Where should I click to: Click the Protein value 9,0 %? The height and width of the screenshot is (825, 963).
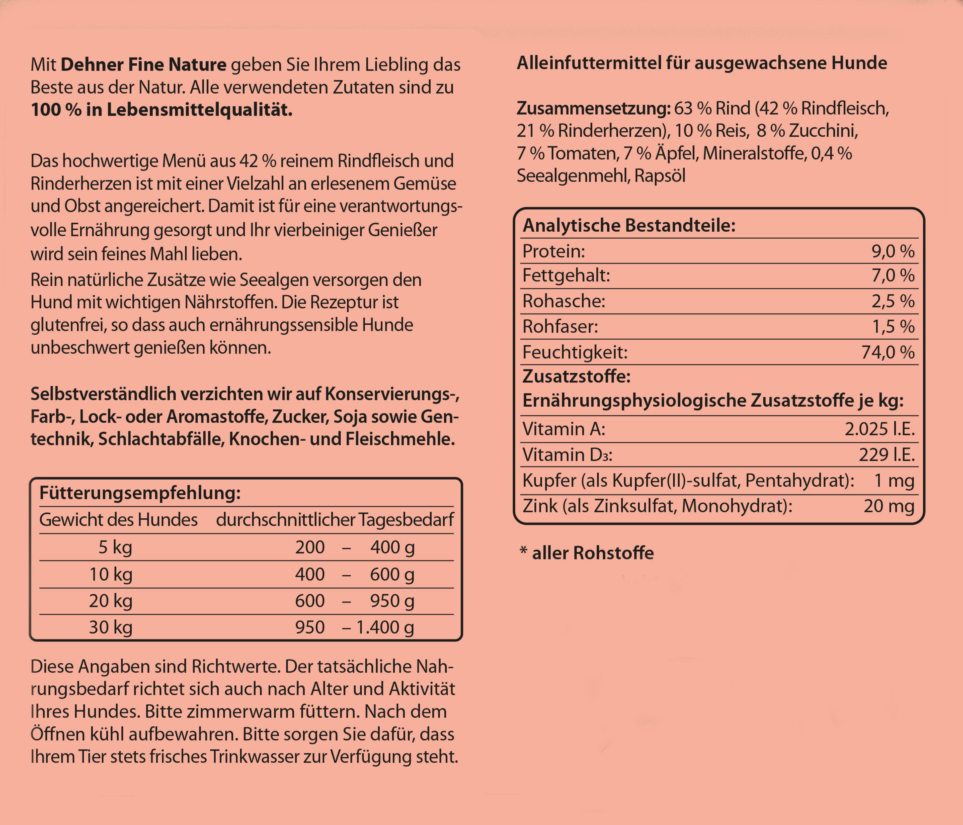[x=892, y=251]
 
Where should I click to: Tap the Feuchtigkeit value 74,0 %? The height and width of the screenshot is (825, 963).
[x=888, y=352]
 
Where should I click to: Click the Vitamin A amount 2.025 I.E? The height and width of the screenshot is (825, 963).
[x=879, y=429]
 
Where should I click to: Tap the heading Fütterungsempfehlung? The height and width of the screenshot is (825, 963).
[x=140, y=492]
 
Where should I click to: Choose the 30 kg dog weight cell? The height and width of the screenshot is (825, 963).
[x=111, y=627]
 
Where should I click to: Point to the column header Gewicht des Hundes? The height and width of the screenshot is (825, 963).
[x=119, y=519]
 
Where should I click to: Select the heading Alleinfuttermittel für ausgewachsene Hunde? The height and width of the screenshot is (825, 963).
[x=702, y=63]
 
